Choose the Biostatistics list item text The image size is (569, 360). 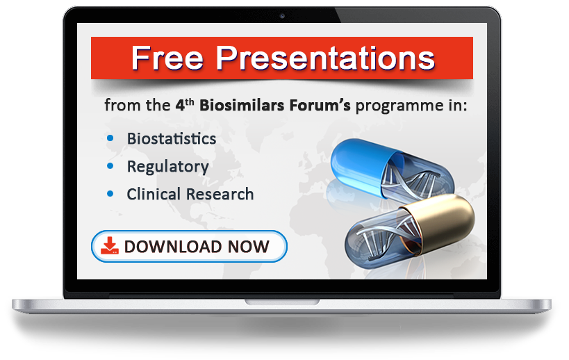pos(171,138)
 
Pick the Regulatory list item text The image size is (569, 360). pos(167,167)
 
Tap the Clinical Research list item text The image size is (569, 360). pos(190,195)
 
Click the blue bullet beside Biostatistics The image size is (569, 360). pos(110,138)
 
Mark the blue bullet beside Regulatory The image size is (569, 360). pos(110,166)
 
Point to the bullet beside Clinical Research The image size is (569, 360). pos(110,194)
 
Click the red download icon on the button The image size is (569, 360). pos(110,245)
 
